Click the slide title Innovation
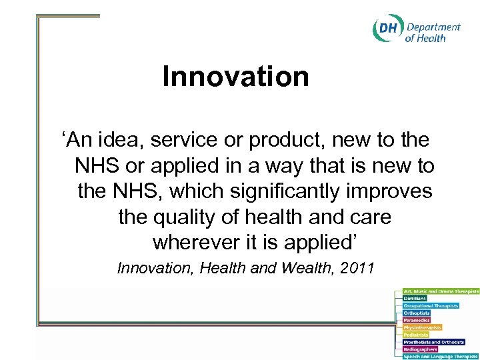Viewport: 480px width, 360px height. [x=235, y=77]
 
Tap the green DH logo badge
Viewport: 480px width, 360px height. [x=387, y=30]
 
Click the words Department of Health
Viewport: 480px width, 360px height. [x=433, y=32]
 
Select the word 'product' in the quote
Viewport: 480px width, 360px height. [x=290, y=141]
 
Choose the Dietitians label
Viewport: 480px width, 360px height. [x=415, y=298]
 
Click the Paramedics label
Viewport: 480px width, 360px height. [x=417, y=320]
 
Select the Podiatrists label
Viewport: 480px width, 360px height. [x=416, y=335]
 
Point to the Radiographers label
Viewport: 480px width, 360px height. [x=419, y=349]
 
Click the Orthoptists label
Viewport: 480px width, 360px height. [x=417, y=313]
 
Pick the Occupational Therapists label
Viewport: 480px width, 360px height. [x=431, y=305]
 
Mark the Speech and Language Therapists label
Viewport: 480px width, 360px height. [x=440, y=356]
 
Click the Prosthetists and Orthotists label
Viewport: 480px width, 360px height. [x=434, y=341]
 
